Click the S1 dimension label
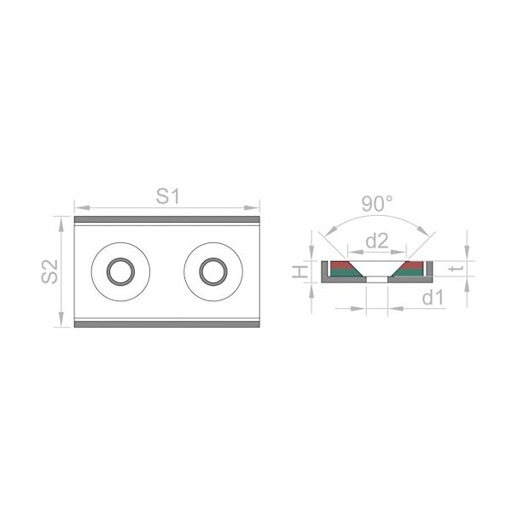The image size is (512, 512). tap(168, 196)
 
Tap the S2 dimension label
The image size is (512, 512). tap(49, 271)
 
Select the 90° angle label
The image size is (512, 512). tap(377, 203)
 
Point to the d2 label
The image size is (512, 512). tap(377, 241)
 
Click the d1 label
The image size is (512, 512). tap(433, 298)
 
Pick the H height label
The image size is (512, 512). tap(300, 271)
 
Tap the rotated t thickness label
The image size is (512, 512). tap(455, 269)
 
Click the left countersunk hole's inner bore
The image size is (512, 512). tap(120, 271)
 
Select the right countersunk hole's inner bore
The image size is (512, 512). tap(213, 271)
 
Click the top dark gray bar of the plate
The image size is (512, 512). tap(167, 219)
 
